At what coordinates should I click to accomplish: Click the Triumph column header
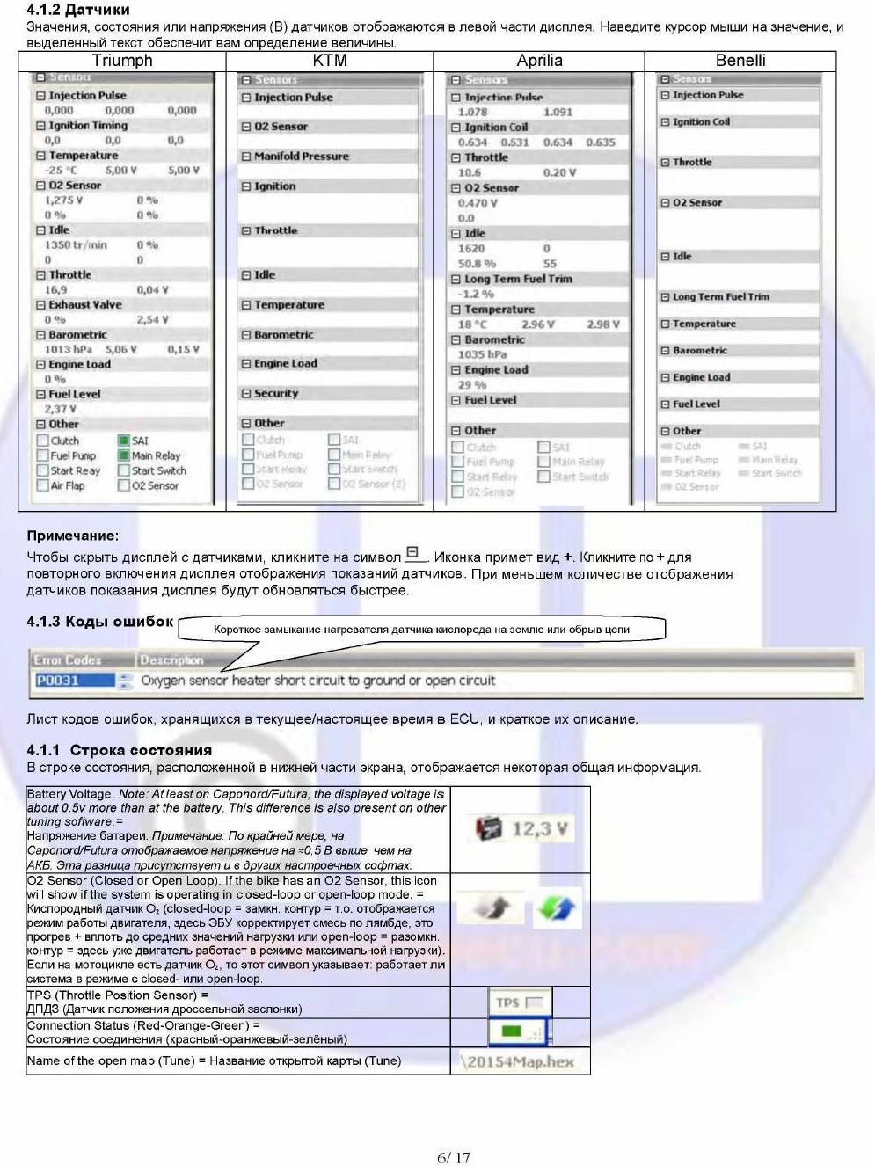click(x=122, y=61)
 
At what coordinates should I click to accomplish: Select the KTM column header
click(x=330, y=61)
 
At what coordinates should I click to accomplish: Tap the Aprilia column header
click(x=539, y=61)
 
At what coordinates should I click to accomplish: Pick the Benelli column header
click(x=740, y=61)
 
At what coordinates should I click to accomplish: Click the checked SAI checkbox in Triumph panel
click(x=124, y=441)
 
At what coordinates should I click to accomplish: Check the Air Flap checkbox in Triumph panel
click(x=43, y=485)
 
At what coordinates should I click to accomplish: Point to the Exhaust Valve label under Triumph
click(x=84, y=305)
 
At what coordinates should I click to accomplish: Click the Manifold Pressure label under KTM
click(x=301, y=157)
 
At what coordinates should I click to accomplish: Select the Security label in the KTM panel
click(x=275, y=394)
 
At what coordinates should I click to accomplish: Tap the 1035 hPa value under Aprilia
click(x=482, y=354)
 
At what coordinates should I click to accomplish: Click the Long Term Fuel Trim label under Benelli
click(x=720, y=297)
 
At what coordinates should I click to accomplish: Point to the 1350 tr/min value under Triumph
click(x=76, y=245)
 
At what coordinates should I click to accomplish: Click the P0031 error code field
click(x=74, y=681)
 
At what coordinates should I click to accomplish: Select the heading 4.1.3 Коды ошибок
click(x=100, y=622)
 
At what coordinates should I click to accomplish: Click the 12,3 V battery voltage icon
click(x=521, y=828)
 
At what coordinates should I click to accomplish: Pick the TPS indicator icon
click(x=520, y=1002)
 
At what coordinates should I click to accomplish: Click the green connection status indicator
click(x=519, y=1031)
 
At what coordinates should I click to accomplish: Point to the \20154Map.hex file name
click(x=516, y=1061)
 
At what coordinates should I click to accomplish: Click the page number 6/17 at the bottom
click(x=454, y=1157)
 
